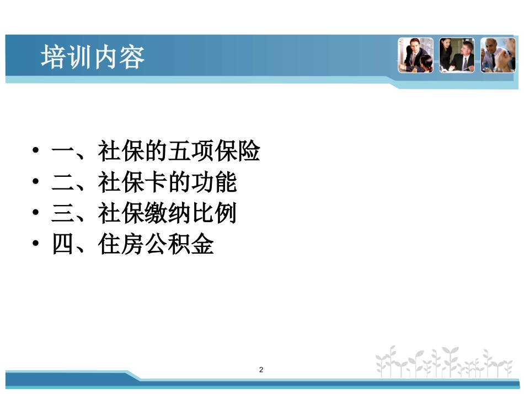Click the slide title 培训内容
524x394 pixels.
pos(93,57)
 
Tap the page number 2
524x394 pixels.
pos(261,370)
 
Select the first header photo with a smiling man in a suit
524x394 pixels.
pos(415,55)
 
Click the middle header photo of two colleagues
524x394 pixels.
pos(457,55)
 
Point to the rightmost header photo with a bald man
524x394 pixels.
pos(498,55)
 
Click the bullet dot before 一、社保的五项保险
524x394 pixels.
pos(36,150)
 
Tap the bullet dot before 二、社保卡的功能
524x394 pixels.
pos(36,181)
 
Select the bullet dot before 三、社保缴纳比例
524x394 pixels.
pos(36,212)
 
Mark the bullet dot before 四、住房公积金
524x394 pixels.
pos(36,243)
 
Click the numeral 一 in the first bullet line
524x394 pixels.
pos(62,151)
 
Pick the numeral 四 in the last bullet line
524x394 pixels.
pos(62,244)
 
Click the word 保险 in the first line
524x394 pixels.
pos(237,151)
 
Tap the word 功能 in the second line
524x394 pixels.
pos(214,182)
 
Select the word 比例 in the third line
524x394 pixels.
pos(214,213)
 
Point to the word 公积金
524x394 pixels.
pos(179,244)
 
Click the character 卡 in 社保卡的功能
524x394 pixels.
pos(156,182)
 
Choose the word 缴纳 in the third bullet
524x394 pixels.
pos(168,213)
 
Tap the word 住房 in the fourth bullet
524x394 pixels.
pos(121,244)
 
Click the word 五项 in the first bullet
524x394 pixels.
pos(191,151)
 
